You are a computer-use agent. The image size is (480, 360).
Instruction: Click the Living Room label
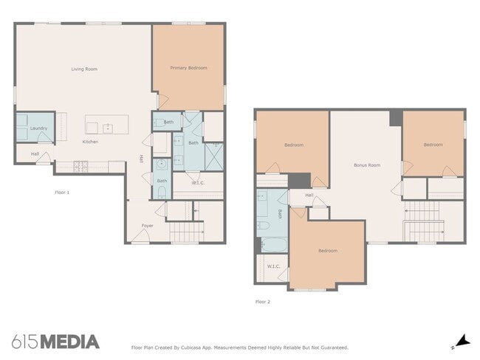(x=84, y=69)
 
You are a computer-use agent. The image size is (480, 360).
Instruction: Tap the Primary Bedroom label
(x=189, y=68)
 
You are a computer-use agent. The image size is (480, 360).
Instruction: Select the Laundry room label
(x=38, y=128)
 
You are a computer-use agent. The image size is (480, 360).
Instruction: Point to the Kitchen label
(x=90, y=142)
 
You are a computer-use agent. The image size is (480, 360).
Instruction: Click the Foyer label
(x=147, y=226)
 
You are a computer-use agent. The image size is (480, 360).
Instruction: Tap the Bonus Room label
(x=367, y=165)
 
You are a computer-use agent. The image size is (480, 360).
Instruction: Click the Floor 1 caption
(x=62, y=193)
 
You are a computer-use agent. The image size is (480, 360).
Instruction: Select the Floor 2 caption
(x=263, y=302)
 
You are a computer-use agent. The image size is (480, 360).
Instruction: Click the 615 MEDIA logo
(x=55, y=342)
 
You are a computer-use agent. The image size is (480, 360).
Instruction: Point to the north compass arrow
(x=463, y=341)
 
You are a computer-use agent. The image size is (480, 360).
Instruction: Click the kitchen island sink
(x=108, y=129)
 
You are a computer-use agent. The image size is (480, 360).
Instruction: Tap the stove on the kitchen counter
(x=80, y=167)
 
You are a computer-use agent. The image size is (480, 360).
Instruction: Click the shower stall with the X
(x=214, y=156)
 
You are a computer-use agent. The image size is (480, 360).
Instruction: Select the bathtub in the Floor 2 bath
(x=274, y=245)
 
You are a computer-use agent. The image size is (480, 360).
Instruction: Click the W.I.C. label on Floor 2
(x=273, y=266)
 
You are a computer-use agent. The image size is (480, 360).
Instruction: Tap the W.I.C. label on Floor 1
(x=198, y=183)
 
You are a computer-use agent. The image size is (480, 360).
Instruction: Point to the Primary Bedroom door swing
(x=163, y=101)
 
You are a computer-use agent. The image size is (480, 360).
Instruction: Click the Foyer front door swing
(x=140, y=235)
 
